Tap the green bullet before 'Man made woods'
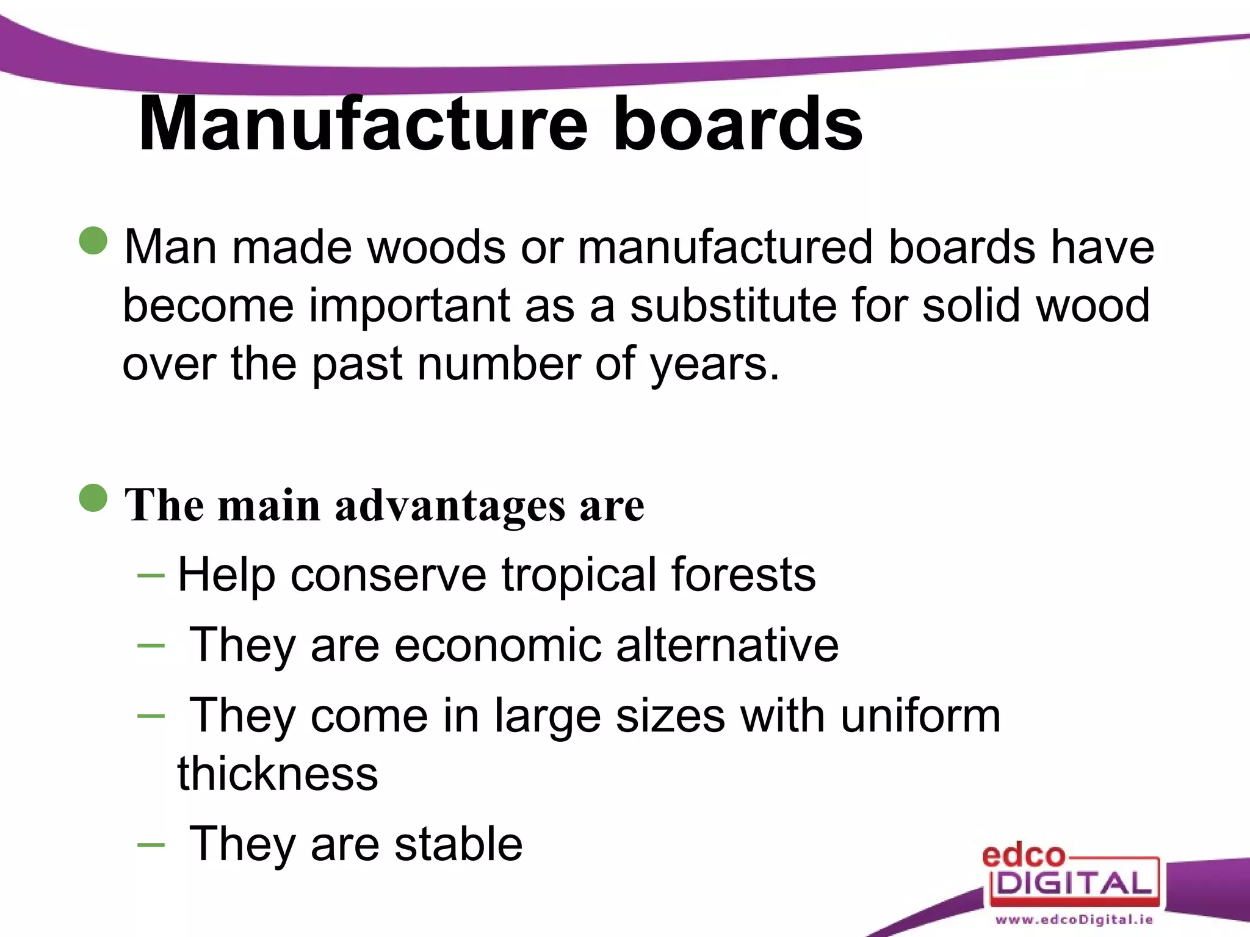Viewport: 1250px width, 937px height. click(93, 240)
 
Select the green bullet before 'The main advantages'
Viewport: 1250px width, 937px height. click(93, 498)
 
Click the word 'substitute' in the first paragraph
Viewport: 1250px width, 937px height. click(733, 305)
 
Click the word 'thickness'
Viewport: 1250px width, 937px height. click(278, 774)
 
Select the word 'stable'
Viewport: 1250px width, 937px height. click(458, 844)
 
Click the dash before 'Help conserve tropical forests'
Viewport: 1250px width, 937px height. click(151, 575)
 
